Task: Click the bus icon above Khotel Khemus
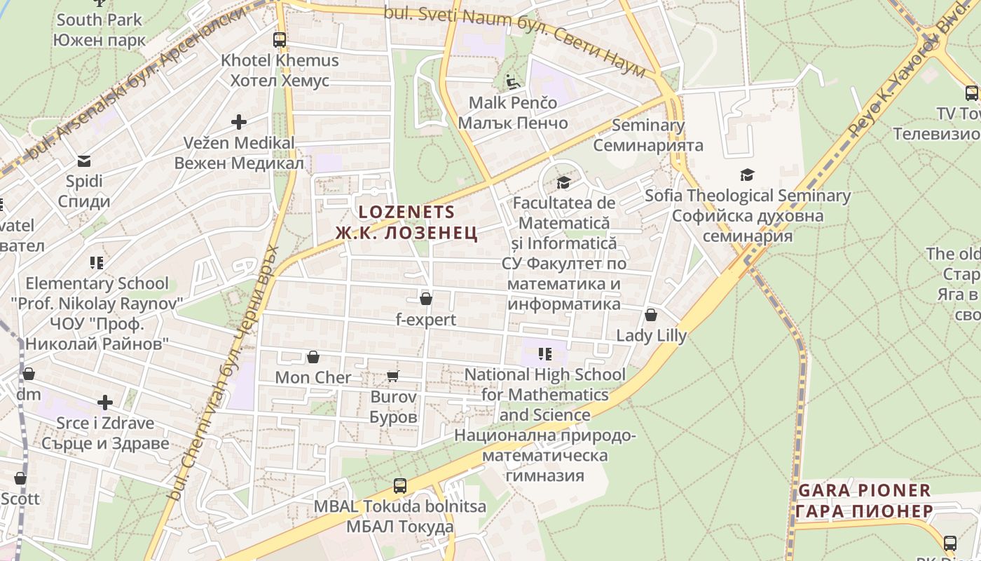(x=280, y=39)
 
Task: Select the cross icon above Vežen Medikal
(x=239, y=122)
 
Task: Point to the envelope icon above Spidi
(x=85, y=161)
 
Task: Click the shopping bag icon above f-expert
(x=425, y=299)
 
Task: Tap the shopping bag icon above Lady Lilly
(x=651, y=315)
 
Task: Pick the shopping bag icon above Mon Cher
(x=313, y=358)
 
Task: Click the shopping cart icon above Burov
(x=393, y=377)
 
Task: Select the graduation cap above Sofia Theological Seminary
(x=748, y=175)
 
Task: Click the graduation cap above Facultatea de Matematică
(x=563, y=183)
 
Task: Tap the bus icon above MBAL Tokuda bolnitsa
(x=399, y=485)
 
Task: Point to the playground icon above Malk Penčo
(x=513, y=83)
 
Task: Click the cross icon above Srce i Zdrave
(x=105, y=403)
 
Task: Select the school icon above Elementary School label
(x=97, y=263)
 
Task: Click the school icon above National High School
(x=545, y=354)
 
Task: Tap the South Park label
(x=99, y=20)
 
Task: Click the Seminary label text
(x=648, y=126)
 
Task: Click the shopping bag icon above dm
(x=29, y=374)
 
